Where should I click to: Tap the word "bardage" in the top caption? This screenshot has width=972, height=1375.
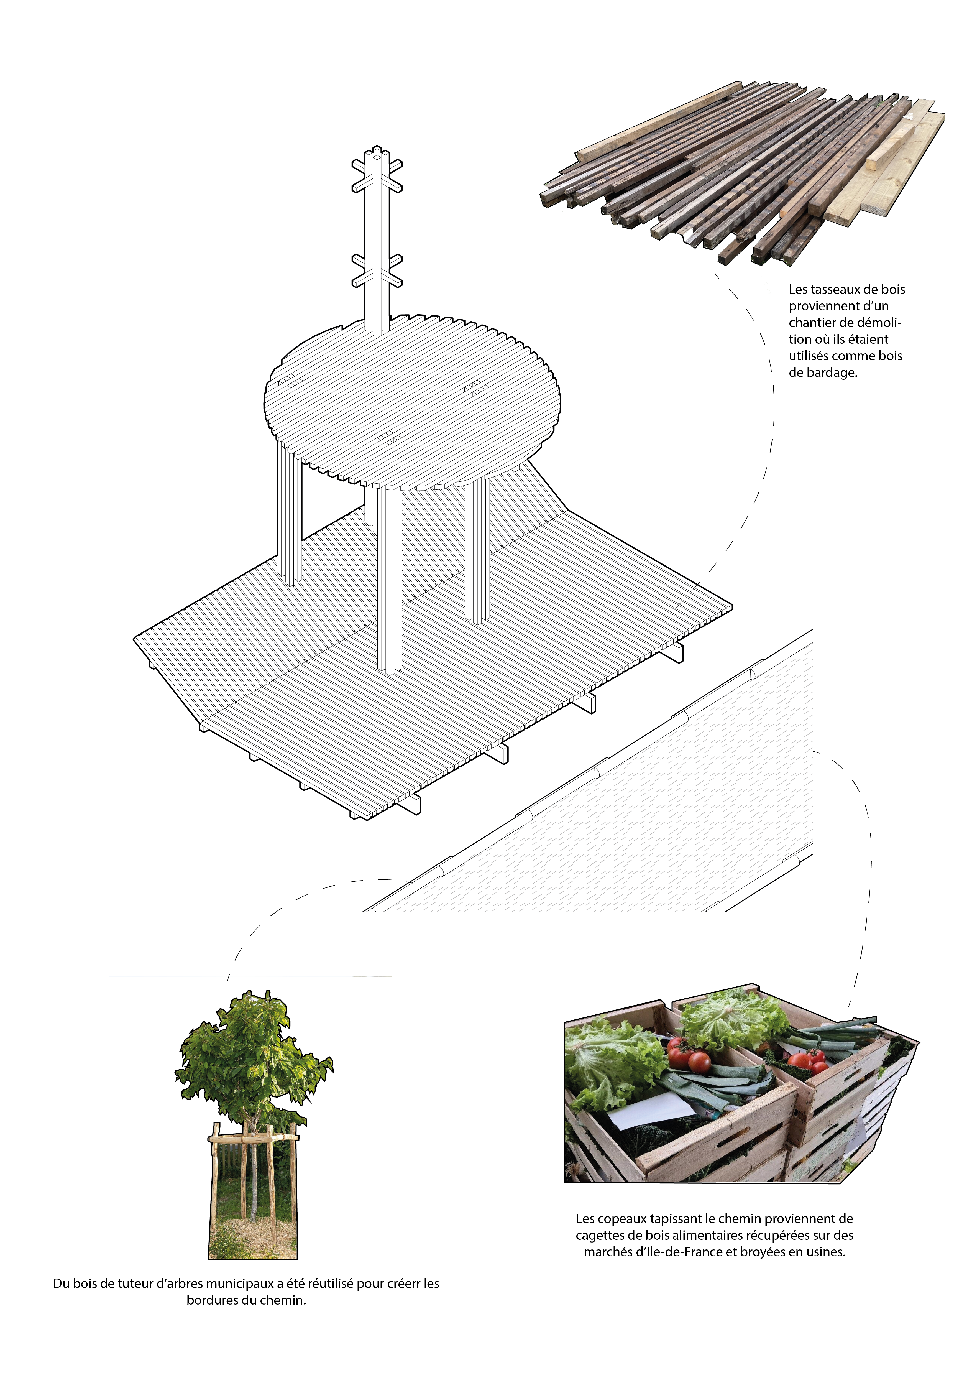pos(831,373)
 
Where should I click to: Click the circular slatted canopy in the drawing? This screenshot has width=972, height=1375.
pos(413,398)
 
